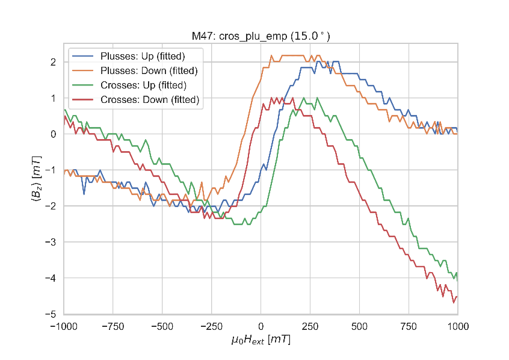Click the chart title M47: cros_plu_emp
(x=261, y=37)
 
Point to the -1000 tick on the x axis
(x=64, y=325)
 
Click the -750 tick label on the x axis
(x=113, y=325)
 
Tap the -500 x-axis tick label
(x=162, y=325)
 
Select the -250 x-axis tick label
(x=212, y=325)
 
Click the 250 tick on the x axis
(x=310, y=325)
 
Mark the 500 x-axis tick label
(x=359, y=325)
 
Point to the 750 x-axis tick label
(x=409, y=325)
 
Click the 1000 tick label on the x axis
(x=458, y=325)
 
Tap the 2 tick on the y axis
(x=54, y=62)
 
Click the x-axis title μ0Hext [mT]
(x=261, y=340)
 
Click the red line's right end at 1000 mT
(x=457, y=296)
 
